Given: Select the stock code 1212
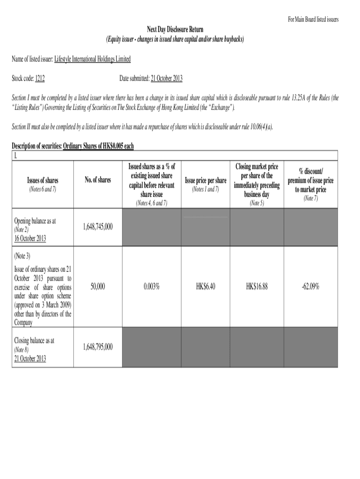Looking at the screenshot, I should point(40,79).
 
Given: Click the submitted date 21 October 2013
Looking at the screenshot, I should point(166,79).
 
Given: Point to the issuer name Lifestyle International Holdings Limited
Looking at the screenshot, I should point(93,59).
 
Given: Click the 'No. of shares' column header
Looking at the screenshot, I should point(98,180).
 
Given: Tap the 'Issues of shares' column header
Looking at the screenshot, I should point(42,180).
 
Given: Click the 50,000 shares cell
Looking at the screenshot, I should point(98,287).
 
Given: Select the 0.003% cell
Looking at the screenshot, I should point(151,287).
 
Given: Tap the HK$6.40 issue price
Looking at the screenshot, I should point(206,287).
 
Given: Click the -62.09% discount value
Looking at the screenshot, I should point(310,287).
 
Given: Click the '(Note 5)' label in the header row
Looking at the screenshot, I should point(257,203).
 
